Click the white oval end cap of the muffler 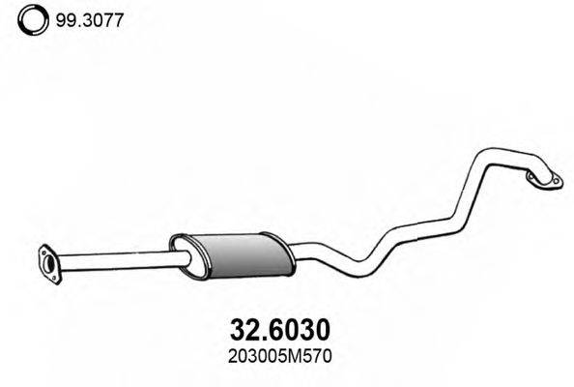[179, 250]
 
